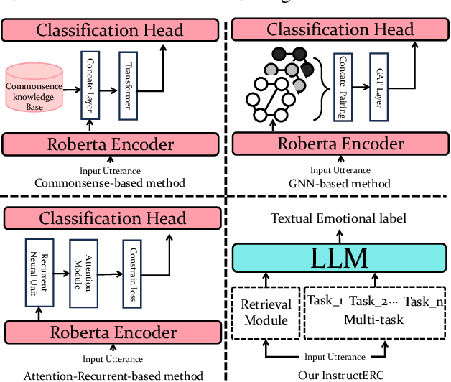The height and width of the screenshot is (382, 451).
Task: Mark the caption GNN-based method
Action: pos(340,184)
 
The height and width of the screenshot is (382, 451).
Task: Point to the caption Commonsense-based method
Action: pos(110,183)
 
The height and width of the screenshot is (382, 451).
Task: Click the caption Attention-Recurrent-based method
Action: pos(113,375)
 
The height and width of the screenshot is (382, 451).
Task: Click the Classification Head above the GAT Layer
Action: pos(340,29)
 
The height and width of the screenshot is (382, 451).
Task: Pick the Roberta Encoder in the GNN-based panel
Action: pos(340,144)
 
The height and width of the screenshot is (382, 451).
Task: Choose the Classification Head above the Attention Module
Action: pos(112,218)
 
